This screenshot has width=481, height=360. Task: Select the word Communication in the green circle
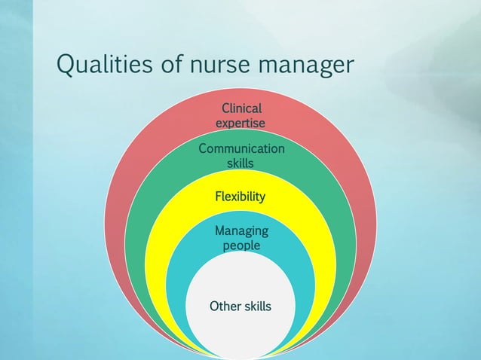coord(241,148)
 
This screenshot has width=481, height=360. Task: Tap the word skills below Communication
coord(240,163)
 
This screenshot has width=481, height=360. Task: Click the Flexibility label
coord(240,197)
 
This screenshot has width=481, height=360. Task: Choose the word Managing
coord(240,230)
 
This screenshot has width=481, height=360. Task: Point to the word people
coord(240,246)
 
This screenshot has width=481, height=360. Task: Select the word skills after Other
coord(256,307)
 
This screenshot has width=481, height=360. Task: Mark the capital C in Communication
coord(202,148)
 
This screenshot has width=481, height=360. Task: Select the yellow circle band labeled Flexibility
coord(162,249)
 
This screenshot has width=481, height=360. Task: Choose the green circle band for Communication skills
coord(143,211)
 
